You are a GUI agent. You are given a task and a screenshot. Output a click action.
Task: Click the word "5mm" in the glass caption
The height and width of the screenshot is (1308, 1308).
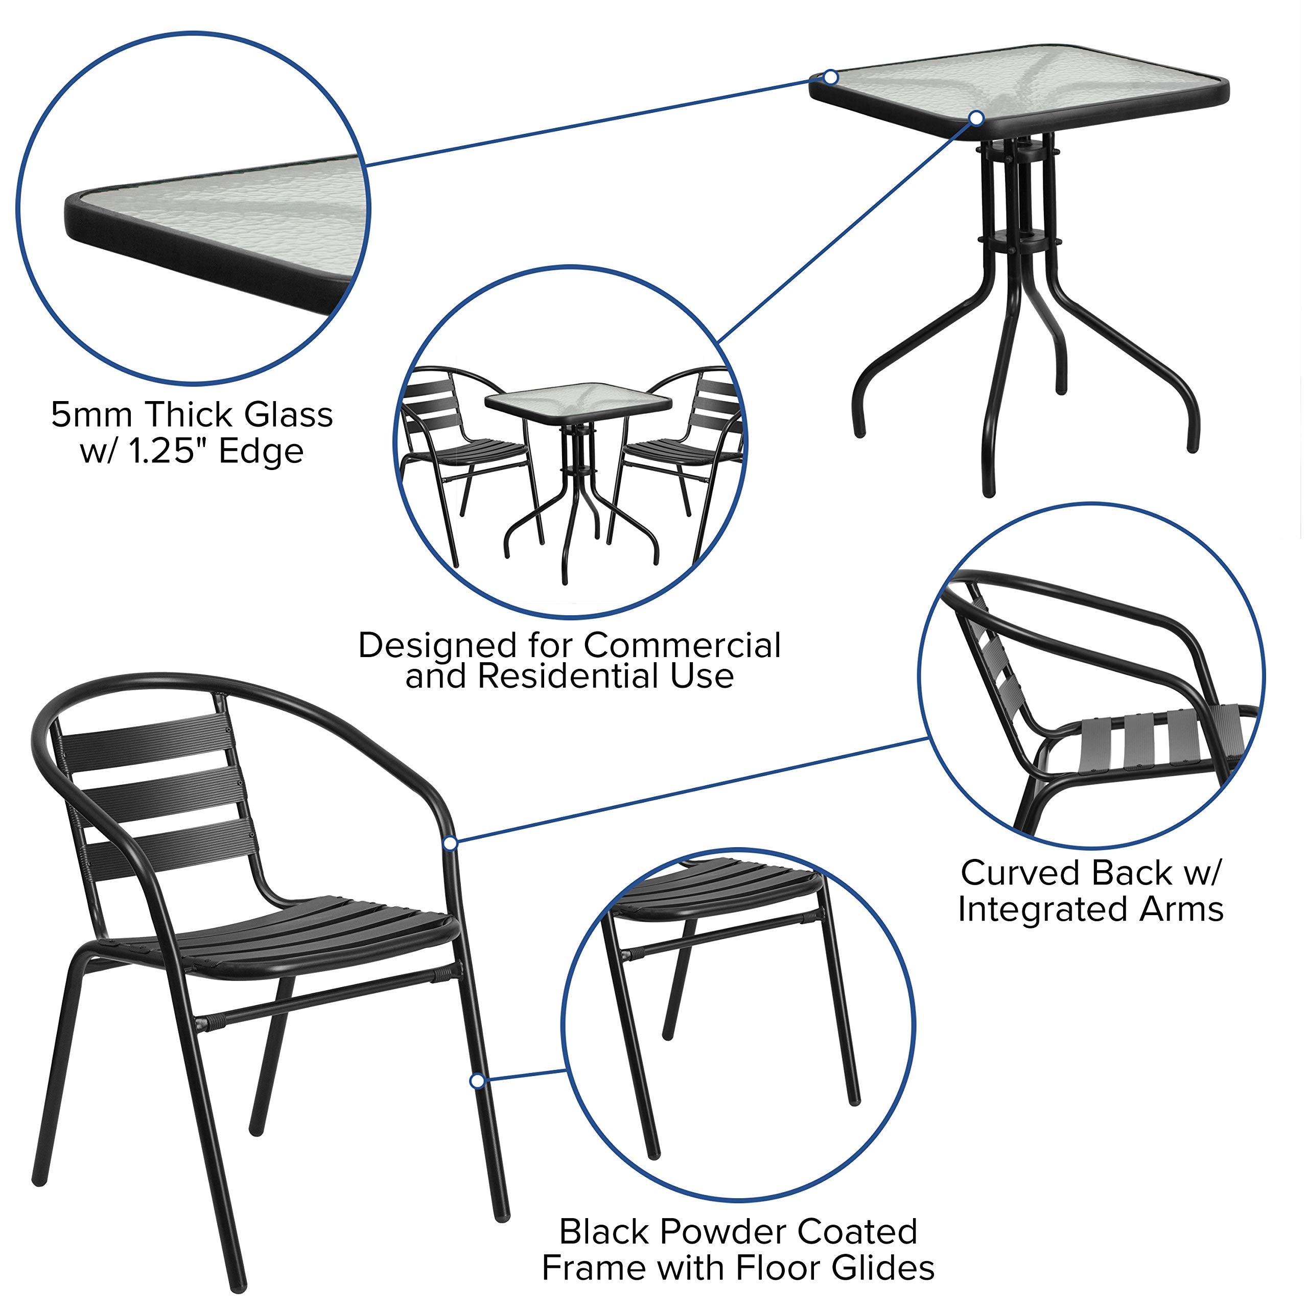(x=93, y=415)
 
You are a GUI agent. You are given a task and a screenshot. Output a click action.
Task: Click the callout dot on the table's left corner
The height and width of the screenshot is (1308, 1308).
(x=831, y=78)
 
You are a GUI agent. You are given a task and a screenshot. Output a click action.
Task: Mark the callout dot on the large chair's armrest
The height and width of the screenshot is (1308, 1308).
(x=450, y=843)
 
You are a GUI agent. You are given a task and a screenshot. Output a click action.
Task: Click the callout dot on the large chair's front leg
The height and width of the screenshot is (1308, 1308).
(x=477, y=1081)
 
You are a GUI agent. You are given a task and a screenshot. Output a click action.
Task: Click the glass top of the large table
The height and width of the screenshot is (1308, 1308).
(x=1022, y=85)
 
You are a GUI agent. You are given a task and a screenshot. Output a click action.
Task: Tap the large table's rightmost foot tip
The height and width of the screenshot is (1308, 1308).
(x=1192, y=447)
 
